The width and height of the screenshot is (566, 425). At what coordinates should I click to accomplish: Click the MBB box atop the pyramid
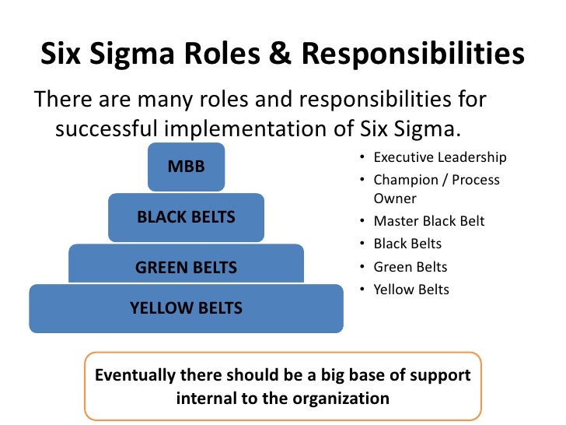pyautogui.click(x=187, y=166)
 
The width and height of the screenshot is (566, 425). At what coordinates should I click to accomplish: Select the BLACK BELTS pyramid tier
pyautogui.click(x=186, y=218)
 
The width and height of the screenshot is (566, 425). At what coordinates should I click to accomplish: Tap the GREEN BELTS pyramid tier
pyautogui.click(x=186, y=268)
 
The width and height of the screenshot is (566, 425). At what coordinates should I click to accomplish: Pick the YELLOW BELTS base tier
pyautogui.click(x=186, y=308)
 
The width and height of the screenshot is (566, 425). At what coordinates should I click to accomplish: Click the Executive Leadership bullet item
pyautogui.click(x=439, y=158)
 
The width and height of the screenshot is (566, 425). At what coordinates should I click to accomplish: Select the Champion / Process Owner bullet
pyautogui.click(x=436, y=189)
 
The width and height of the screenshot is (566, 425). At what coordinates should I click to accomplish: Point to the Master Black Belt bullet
pyautogui.click(x=428, y=221)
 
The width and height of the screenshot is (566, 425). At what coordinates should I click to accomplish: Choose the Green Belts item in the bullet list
pyautogui.click(x=411, y=267)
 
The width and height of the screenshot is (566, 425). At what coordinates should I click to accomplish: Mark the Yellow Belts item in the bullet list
pyautogui.click(x=411, y=290)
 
